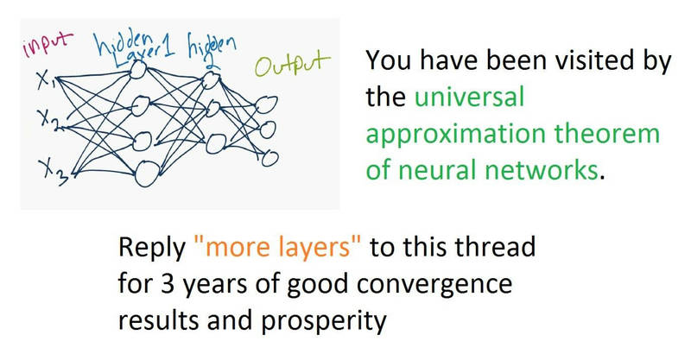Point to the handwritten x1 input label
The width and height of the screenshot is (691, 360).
pyautogui.click(x=46, y=79)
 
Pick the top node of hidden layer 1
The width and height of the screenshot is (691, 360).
pyautogui.click(x=137, y=70)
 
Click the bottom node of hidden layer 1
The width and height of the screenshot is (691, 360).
pyautogui.click(x=147, y=174)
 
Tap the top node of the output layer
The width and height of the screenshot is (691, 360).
pyautogui.click(x=266, y=104)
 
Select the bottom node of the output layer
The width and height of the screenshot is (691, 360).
pyautogui.click(x=269, y=158)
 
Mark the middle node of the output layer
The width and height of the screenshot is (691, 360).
pyautogui.click(x=268, y=130)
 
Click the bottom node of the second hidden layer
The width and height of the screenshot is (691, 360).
pyautogui.click(x=216, y=144)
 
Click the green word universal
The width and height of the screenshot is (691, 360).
pyautogui.click(x=469, y=97)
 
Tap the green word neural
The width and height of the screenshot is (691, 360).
pyautogui.click(x=438, y=170)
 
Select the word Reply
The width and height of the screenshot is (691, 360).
pyautogui.click(x=152, y=248)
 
